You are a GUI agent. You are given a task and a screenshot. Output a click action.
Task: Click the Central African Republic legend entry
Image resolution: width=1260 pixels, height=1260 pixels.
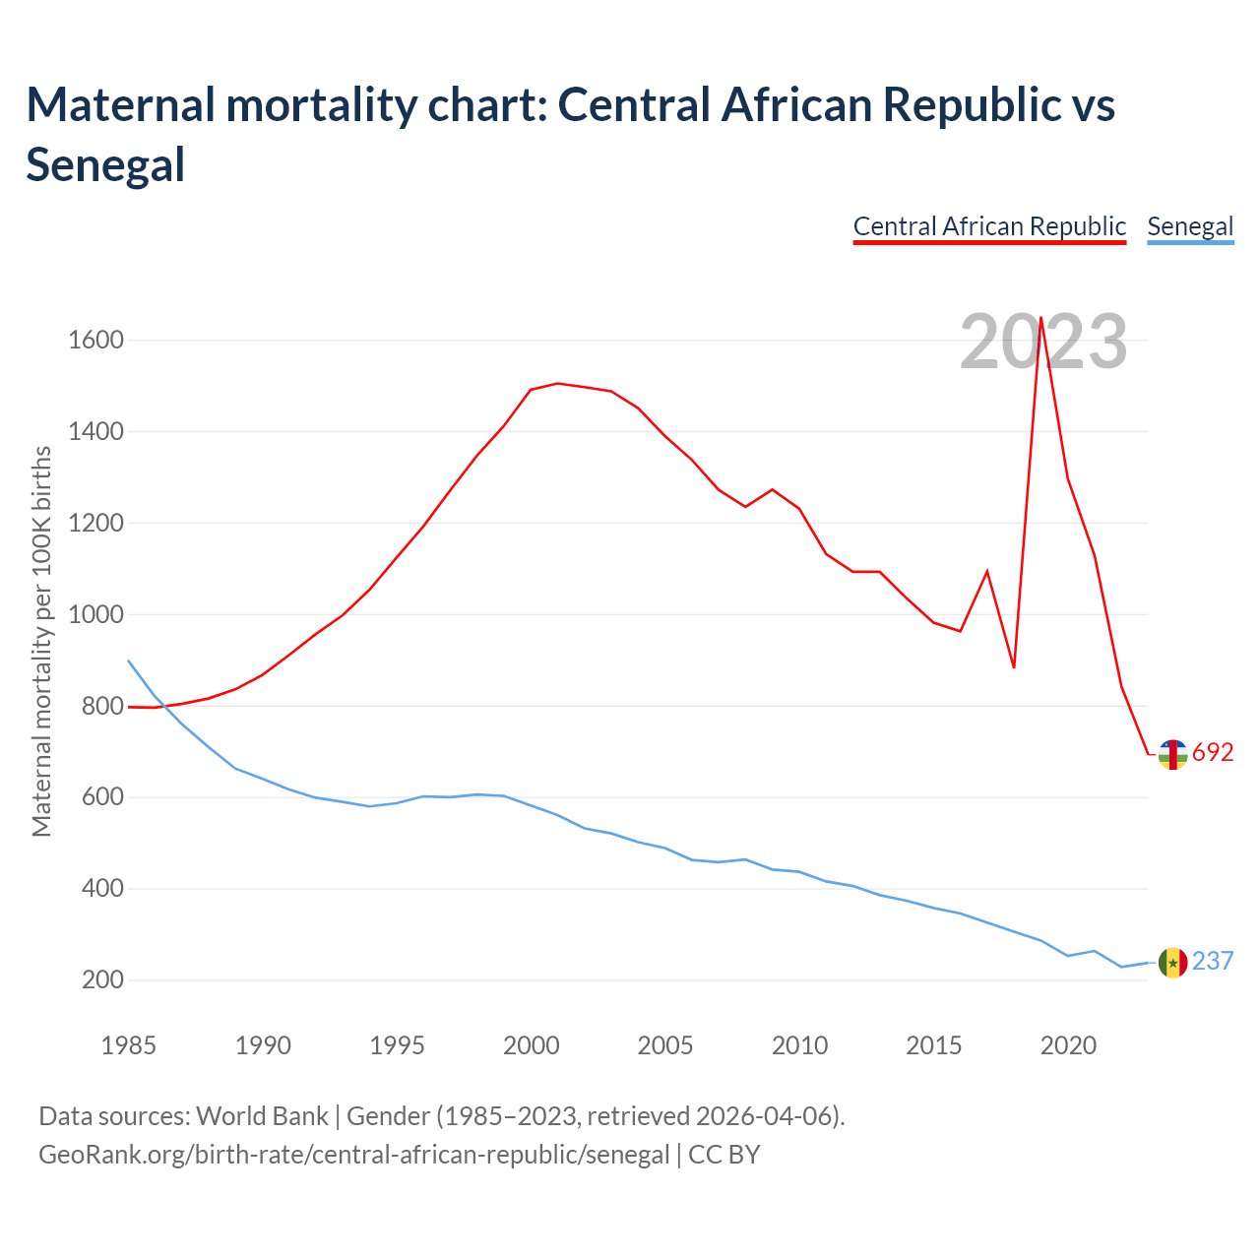[x=989, y=226]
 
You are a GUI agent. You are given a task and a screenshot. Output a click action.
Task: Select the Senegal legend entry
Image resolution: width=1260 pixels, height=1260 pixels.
[x=1190, y=226]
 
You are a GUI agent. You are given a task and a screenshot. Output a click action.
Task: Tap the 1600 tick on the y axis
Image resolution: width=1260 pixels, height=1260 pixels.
[x=95, y=341]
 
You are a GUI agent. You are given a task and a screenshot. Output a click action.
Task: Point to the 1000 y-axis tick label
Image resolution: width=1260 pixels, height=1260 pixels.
[x=95, y=614]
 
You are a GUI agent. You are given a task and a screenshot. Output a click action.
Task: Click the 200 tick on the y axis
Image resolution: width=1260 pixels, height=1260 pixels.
[x=103, y=980]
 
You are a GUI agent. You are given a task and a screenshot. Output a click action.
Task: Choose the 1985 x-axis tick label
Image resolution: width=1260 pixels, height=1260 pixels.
[x=129, y=1045]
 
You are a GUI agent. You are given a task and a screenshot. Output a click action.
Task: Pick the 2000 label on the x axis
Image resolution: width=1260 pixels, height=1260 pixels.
[x=532, y=1045]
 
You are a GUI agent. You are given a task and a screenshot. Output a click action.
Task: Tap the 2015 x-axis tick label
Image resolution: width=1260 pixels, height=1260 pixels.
[x=934, y=1045]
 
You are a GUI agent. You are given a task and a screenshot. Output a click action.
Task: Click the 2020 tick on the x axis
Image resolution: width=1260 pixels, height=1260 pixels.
[x=1068, y=1045]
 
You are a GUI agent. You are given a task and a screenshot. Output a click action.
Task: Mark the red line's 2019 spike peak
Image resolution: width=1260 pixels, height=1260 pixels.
[x=1041, y=318]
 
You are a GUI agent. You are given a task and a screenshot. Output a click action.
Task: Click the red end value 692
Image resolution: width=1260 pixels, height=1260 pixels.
[x=1213, y=753]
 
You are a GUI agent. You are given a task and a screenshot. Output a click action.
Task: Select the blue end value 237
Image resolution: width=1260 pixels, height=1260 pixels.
[x=1213, y=961]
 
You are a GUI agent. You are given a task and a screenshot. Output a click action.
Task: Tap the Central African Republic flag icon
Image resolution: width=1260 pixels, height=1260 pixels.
[x=1172, y=754]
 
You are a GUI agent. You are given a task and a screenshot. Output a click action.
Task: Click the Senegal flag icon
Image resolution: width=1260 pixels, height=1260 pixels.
[x=1172, y=963]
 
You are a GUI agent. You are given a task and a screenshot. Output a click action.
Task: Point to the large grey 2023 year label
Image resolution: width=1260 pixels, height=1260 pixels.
[x=1043, y=343]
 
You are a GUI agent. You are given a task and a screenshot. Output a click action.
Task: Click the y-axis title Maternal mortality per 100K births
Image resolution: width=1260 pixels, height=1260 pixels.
[x=41, y=642]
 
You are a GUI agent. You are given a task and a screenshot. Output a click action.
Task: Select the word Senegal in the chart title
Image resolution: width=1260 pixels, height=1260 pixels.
[x=105, y=163]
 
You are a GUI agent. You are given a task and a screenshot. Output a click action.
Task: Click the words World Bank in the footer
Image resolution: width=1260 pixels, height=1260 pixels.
[x=262, y=1116]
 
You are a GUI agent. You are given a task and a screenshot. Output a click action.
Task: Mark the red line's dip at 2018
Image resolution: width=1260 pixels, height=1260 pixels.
[x=1014, y=667]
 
